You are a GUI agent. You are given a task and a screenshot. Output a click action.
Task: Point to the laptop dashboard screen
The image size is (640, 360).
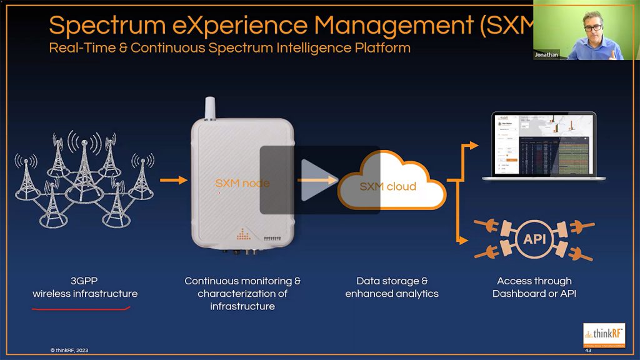[x=543, y=145]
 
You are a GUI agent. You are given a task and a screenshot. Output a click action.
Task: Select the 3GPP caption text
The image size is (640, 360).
[x=85, y=281]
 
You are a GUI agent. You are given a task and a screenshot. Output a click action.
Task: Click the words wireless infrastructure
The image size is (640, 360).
[x=85, y=294]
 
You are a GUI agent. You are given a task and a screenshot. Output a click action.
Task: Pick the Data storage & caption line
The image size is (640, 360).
[x=392, y=281]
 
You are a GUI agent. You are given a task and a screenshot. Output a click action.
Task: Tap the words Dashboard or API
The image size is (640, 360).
[x=534, y=294]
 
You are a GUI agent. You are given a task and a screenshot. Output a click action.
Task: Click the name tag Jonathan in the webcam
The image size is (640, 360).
[x=546, y=55]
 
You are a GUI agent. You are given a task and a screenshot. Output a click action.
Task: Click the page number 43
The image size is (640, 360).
[x=588, y=350]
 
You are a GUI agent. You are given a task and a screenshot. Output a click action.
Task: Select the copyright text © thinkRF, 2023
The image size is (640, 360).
[x=69, y=350]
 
